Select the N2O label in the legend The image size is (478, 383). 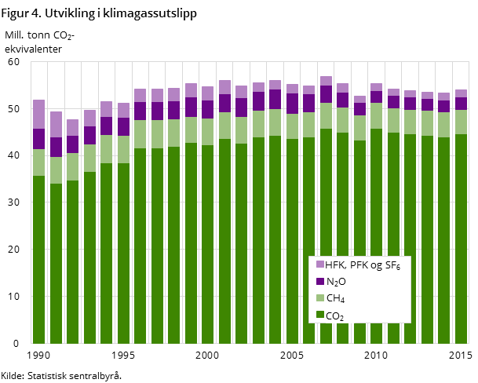coord(336,282)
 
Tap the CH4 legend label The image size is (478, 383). coord(335,298)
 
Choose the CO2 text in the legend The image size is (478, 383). coord(335,316)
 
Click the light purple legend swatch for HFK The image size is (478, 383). coord(320,264)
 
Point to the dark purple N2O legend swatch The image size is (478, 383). coord(320,281)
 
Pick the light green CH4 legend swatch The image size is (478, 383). coord(320,298)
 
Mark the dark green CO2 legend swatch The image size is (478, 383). coord(320,315)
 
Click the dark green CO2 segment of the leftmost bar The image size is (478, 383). coord(38,259)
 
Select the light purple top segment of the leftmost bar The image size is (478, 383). coord(38,114)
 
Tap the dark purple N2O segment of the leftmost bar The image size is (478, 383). coord(38,139)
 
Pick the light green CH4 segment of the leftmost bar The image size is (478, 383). coord(38,162)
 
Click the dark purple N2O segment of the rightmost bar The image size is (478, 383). coord(461,104)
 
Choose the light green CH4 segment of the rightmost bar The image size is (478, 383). coord(461,122)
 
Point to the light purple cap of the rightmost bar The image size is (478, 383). coord(461,93)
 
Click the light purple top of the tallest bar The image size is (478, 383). coord(326,81)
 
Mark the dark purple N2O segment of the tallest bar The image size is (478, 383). coord(326,94)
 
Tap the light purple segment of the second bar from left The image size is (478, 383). coord(56,124)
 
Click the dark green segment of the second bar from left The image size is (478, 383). coord(56,263)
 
